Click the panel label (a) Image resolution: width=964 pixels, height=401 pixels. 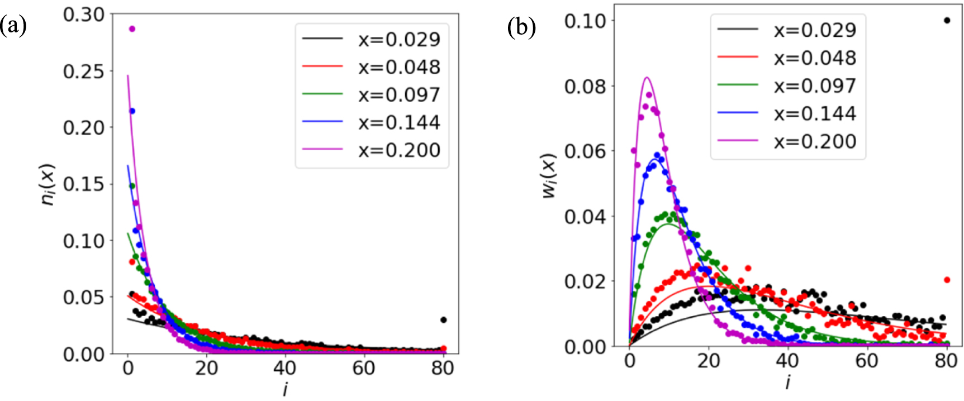(x=13, y=26)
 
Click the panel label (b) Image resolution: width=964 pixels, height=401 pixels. (x=522, y=26)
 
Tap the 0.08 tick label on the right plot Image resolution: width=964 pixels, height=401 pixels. (x=585, y=87)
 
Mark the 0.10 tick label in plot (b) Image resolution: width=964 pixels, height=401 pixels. (x=585, y=21)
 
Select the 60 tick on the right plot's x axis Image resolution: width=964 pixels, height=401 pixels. (x=867, y=361)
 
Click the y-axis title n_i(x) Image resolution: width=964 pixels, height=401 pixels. (x=49, y=184)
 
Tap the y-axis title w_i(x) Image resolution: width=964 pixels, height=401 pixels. (x=550, y=175)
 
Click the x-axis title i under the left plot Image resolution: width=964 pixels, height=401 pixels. (x=285, y=389)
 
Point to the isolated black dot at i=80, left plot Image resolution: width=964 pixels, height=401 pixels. (x=443, y=320)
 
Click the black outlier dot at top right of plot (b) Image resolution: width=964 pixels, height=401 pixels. (x=947, y=21)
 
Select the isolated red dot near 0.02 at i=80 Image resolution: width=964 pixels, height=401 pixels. (x=947, y=280)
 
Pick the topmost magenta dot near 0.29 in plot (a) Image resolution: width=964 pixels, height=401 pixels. (x=132, y=29)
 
